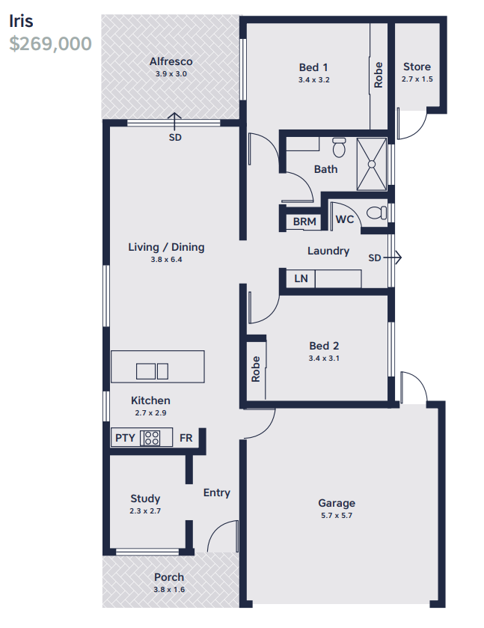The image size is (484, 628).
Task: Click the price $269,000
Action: [50, 43]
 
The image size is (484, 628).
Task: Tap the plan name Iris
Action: [21, 21]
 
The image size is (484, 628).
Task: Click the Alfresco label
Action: [171, 61]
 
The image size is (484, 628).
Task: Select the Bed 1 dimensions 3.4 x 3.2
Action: [314, 79]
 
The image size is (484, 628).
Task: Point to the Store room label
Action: [417, 67]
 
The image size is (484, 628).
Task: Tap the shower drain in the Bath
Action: [372, 164]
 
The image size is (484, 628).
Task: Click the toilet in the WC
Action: [377, 213]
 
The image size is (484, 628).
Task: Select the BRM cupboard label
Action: [304, 222]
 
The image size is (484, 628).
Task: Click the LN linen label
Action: [301, 278]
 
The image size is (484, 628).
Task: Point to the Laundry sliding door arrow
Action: [392, 257]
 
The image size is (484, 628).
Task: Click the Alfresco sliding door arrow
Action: [174, 121]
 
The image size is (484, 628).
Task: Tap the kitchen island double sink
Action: [152, 371]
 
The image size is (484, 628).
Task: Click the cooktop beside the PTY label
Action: [150, 438]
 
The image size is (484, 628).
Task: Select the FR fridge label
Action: [186, 438]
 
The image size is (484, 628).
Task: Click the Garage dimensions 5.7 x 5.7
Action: [337, 516]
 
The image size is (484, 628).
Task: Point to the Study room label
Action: [145, 499]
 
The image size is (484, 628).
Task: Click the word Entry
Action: [217, 493]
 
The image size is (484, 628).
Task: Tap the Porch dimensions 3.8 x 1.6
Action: [169, 590]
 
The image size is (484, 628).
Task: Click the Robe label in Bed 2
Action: [255, 369]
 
